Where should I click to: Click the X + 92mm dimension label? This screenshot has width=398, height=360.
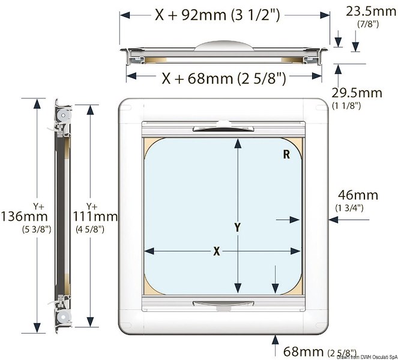pyautogui.click(x=217, y=16)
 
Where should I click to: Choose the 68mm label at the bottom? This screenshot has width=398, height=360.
pyautogui.click(x=301, y=350)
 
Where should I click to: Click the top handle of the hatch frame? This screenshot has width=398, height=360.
pyautogui.click(x=215, y=129)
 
